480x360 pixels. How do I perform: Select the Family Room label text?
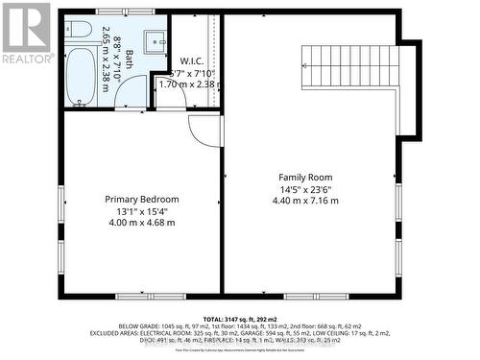(308, 178)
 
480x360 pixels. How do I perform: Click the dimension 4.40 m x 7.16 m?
(308, 202)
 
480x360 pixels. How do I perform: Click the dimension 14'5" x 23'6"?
(308, 190)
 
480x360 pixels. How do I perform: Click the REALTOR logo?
(26, 32)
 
